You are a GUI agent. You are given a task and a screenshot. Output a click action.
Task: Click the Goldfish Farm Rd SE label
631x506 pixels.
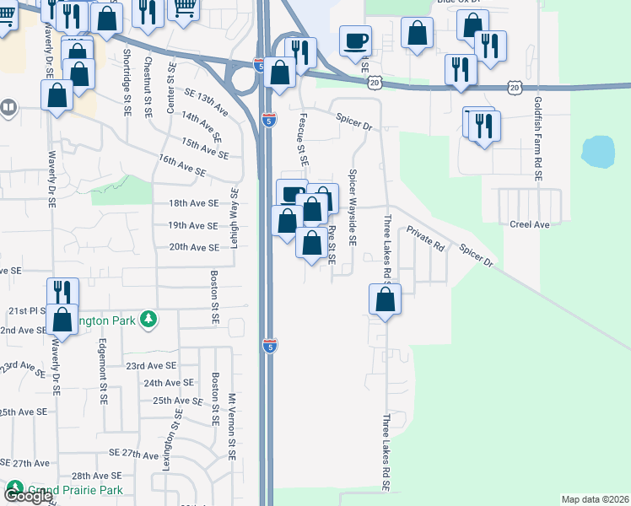point(537,139)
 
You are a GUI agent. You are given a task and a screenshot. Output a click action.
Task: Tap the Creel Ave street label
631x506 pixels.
point(529,225)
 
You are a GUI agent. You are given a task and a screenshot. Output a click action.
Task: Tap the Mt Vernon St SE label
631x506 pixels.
point(232,426)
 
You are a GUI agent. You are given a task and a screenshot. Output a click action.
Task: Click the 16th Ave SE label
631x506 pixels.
point(181,164)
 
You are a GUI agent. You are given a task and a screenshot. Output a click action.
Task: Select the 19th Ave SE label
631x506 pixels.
point(193,226)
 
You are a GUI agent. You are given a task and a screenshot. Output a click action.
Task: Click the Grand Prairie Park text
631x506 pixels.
point(75,490)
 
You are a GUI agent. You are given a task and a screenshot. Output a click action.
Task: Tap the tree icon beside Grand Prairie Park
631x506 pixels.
point(14,488)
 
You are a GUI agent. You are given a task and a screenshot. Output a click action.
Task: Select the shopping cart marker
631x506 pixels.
point(185,7)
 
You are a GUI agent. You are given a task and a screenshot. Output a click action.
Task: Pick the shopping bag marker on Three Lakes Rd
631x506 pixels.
point(385,299)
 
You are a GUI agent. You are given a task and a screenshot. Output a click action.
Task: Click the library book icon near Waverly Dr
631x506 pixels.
point(8,108)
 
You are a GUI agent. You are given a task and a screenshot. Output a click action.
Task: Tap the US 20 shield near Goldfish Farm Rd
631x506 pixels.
point(515,87)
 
